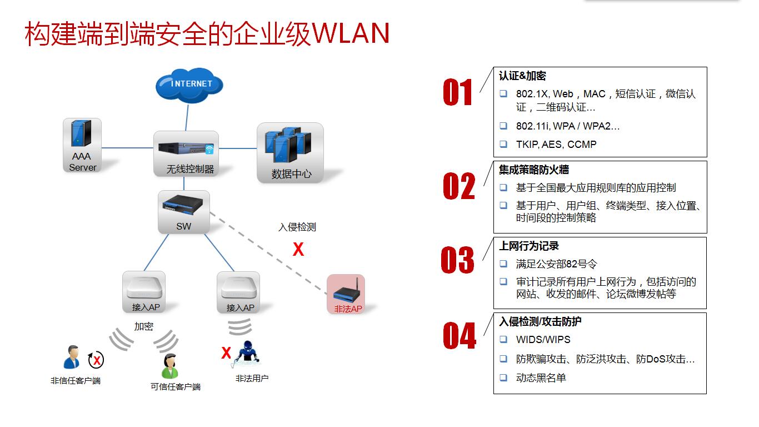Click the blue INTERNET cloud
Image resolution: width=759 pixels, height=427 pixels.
click(x=189, y=85)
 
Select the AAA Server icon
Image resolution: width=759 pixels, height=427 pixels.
click(x=82, y=145)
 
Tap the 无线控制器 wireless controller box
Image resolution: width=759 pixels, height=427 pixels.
click(x=186, y=153)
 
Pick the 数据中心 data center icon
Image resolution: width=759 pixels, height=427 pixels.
click(x=290, y=152)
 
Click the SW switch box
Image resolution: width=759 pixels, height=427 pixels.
click(x=184, y=212)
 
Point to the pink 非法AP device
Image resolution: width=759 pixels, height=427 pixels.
click(x=346, y=294)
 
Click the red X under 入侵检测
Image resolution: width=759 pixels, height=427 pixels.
click(x=298, y=250)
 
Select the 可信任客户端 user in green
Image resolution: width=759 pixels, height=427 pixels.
click(x=170, y=365)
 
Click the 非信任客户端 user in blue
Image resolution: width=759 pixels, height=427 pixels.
click(x=72, y=358)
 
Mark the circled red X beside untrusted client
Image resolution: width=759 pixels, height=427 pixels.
click(x=96, y=360)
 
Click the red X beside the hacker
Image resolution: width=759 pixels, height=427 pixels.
click(x=226, y=353)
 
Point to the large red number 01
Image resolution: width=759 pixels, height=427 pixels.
click(x=457, y=93)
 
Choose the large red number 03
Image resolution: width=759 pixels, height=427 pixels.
click(x=457, y=260)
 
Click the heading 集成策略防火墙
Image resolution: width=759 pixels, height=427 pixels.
click(x=533, y=170)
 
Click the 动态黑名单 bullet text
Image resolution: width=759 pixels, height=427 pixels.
click(x=541, y=378)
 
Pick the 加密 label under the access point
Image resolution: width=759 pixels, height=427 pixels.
click(x=143, y=326)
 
